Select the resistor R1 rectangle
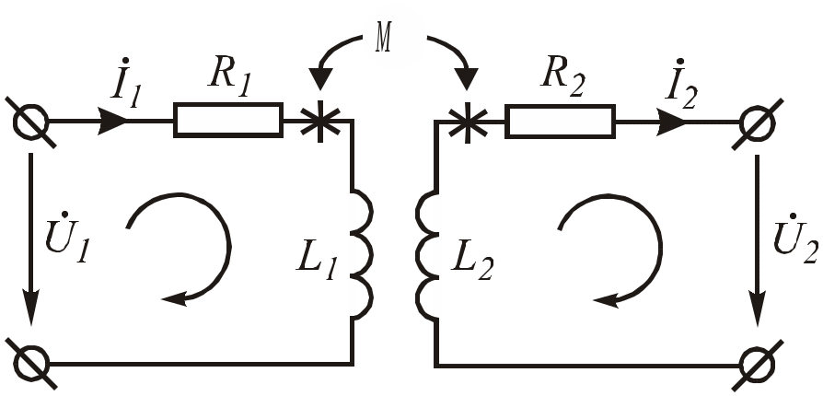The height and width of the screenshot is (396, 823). click(228, 120)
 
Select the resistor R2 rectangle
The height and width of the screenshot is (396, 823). click(560, 120)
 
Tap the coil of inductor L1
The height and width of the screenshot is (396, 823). click(360, 253)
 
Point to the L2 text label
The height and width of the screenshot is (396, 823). click(473, 263)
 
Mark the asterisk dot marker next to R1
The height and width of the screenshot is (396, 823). click(319, 121)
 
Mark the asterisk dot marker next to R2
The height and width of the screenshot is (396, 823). click(468, 121)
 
